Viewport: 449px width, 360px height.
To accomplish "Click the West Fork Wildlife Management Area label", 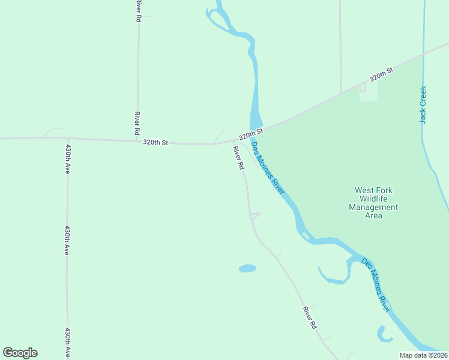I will tap(373, 203).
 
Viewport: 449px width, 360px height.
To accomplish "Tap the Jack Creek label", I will tap(423, 105).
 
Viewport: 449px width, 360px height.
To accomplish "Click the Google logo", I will tap(20, 353).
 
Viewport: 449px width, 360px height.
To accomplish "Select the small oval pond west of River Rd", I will tap(247, 268).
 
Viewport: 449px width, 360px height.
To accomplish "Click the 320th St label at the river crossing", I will tap(250, 133).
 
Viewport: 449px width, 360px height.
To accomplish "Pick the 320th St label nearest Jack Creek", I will tap(381, 75).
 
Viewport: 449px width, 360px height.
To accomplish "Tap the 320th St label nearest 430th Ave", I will tap(155, 143).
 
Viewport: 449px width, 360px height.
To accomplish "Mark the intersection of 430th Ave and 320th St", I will tap(67, 140).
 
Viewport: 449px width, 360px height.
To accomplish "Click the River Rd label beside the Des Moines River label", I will tap(239, 157).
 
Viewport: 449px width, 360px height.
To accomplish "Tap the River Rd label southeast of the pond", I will tap(310, 318).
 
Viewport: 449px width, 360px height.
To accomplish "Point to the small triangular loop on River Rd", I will tap(255, 216).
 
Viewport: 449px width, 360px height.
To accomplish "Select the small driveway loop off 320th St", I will tap(363, 88).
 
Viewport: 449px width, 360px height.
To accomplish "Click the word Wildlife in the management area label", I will tap(373, 199).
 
